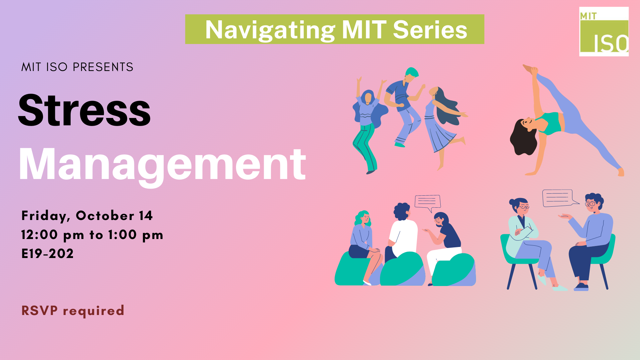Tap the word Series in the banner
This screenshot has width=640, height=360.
pyautogui.click(x=430, y=30)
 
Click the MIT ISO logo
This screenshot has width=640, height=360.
pyautogui.click(x=604, y=32)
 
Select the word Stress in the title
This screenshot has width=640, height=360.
pyautogui.click(x=84, y=110)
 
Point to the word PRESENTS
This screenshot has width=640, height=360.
pyautogui.click(x=103, y=67)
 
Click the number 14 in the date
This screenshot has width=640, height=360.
pyautogui.click(x=146, y=215)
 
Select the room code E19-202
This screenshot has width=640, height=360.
pyautogui.click(x=47, y=254)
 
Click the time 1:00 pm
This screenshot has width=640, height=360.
pyautogui.click(x=136, y=235)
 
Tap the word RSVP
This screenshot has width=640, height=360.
pyautogui.click(x=40, y=310)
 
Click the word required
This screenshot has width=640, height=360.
pyautogui.click(x=94, y=311)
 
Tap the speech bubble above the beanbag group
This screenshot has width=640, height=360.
pyautogui.click(x=428, y=202)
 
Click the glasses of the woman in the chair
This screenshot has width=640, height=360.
pyautogui.click(x=524, y=207)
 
